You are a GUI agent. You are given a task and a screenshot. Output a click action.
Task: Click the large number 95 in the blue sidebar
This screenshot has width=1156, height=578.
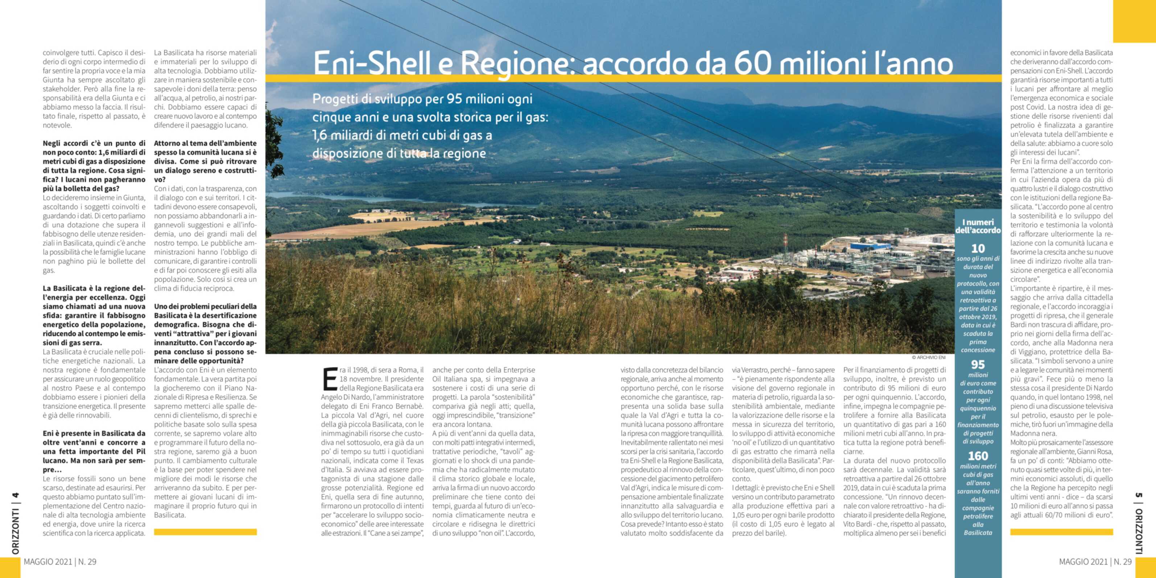click(x=978, y=364)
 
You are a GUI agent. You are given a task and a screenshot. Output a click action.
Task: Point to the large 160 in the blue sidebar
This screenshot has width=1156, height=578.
click(x=978, y=456)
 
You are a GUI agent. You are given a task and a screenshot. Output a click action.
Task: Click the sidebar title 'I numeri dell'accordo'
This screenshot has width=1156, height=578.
click(x=978, y=226)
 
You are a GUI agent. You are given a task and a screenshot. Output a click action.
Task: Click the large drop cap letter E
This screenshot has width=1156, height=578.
click(x=330, y=379)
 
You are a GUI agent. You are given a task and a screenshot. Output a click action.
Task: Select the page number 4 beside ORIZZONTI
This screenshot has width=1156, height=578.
click(x=15, y=495)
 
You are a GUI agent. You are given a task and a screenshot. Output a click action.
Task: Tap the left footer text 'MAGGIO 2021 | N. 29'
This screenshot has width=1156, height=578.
click(x=60, y=562)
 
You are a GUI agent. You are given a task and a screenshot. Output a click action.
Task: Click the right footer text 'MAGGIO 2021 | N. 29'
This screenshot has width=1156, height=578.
click(x=1095, y=562)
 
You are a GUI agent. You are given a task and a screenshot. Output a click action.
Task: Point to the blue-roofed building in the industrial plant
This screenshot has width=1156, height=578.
click(x=870, y=246)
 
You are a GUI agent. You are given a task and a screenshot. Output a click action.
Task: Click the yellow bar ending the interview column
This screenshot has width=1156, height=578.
click(x=205, y=532)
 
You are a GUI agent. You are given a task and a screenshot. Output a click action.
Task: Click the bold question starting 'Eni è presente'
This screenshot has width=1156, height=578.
click(x=94, y=451)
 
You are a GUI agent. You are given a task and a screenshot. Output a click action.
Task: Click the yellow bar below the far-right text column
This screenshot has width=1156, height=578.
click(x=1061, y=532)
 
